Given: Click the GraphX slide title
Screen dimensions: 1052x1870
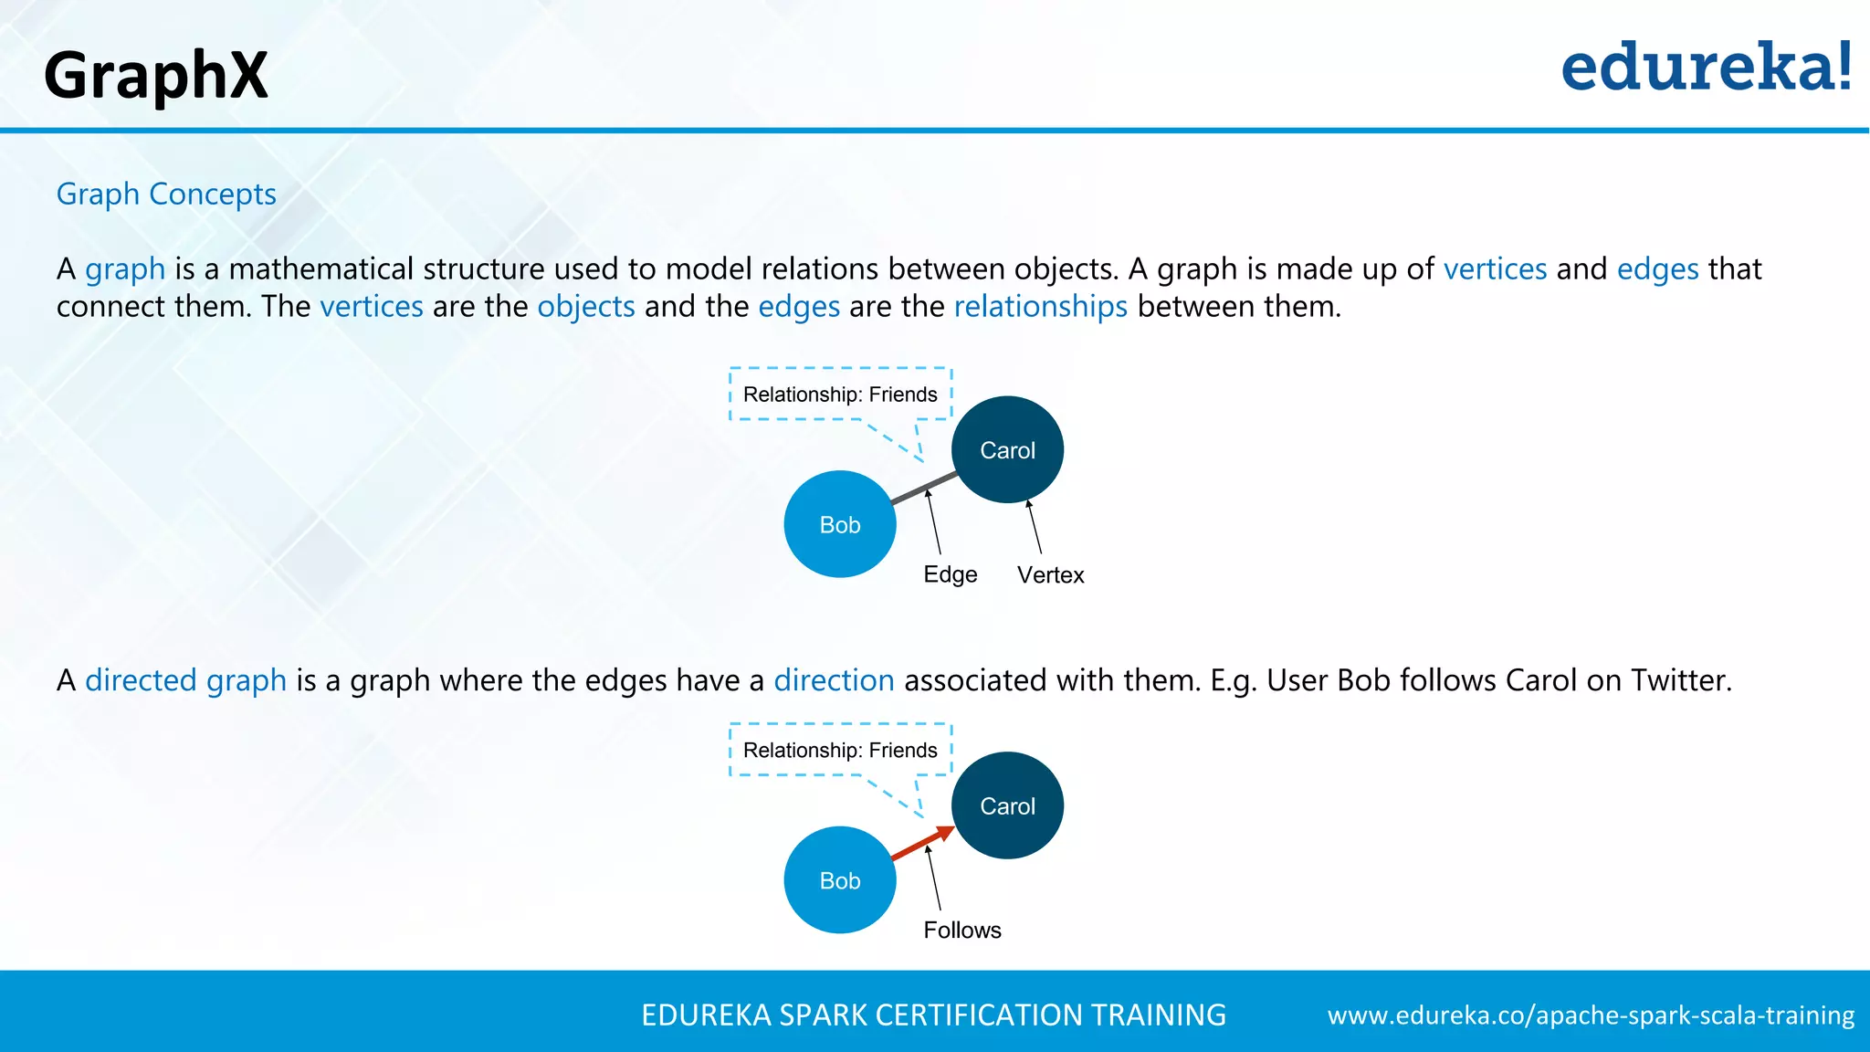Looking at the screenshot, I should pyautogui.click(x=155, y=75).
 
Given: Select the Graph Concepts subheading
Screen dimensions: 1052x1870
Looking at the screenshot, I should pyautogui.click(x=166, y=194).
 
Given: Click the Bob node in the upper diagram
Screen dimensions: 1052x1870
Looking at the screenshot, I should pyautogui.click(x=840, y=524).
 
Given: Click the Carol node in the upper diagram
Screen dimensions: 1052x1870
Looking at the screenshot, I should pyautogui.click(x=1007, y=449).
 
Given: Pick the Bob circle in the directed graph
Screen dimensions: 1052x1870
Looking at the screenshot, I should pyautogui.click(x=840, y=880).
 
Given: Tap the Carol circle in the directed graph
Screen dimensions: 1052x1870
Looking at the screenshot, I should pyautogui.click(x=1007, y=805).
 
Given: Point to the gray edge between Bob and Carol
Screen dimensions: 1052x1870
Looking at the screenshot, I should pyautogui.click(x=924, y=489).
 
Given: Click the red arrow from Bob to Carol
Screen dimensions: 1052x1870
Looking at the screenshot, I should pyautogui.click(x=922, y=844).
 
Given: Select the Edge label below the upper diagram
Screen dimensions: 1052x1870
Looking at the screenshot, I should pyautogui.click(x=950, y=574).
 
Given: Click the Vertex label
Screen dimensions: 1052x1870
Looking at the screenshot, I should pyautogui.click(x=1050, y=575).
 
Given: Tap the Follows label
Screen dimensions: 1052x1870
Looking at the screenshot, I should pyautogui.click(x=962, y=930).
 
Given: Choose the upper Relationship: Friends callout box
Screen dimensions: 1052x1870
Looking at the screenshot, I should pyautogui.click(x=840, y=394).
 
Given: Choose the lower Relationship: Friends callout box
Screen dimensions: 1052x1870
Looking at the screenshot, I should pyautogui.click(x=840, y=751).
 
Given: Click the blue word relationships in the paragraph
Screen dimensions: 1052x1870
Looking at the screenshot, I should pyautogui.click(x=1040, y=307).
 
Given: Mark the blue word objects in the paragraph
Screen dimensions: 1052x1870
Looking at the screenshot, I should pyautogui.click(x=586, y=307).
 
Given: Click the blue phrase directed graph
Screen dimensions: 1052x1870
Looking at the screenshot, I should pyautogui.click(x=185, y=680).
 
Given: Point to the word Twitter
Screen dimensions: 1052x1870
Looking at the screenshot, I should pyautogui.click(x=1680, y=680).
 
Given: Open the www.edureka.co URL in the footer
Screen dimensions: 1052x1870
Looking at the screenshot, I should pyautogui.click(x=1591, y=1015).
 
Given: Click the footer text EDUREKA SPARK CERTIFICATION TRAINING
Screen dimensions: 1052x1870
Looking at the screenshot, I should pyautogui.click(x=933, y=1015).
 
